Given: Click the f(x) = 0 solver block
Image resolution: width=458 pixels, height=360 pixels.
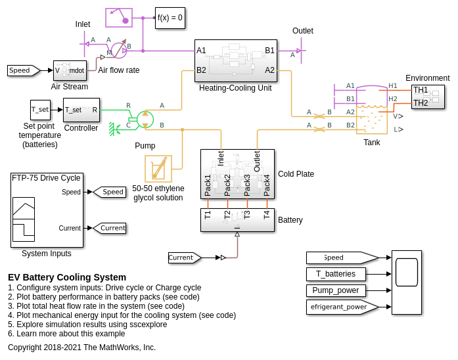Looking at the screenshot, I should tap(170, 18).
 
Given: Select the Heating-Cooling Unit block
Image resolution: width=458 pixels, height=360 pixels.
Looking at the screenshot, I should tap(235, 60).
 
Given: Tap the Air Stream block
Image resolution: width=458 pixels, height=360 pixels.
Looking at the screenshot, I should tap(70, 70).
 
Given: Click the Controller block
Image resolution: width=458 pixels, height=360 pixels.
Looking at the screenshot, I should tap(81, 110).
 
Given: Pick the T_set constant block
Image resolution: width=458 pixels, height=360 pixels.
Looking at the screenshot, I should tap(40, 110).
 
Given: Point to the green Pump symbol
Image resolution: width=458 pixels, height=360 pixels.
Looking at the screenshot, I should tap(143, 119).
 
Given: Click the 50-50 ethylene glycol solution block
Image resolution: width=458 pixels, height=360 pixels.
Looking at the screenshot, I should tap(158, 169).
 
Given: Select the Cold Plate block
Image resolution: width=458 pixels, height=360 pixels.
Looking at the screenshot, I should tap(237, 174).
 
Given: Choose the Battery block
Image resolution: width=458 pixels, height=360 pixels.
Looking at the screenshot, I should tap(237, 220).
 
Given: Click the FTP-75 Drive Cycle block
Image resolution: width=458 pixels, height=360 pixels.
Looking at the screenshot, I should tap(47, 210).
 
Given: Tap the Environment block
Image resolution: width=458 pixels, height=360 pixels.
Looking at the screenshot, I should tap(428, 97).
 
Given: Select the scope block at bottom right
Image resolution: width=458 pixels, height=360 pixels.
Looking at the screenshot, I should tap(407, 282).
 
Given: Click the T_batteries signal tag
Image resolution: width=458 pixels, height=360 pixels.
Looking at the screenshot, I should tap(336, 274).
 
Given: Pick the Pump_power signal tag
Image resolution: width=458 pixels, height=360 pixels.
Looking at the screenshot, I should tap(336, 290).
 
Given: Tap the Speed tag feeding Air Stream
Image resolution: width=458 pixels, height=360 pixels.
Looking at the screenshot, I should tap(23, 70).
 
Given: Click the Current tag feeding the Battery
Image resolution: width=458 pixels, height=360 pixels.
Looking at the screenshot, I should tap(184, 258).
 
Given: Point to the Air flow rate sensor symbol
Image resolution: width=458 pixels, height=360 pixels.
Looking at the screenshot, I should tap(118, 50).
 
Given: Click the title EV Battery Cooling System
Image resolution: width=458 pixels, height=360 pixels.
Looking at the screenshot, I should tap(67, 277).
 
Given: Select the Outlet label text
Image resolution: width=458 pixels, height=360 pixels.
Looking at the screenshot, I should tap(303, 31).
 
